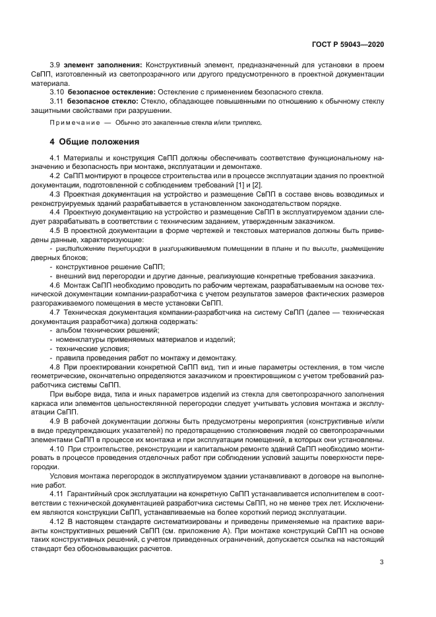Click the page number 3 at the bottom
click(382, 563)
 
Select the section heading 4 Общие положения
click(95, 142)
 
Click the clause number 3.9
click(56, 65)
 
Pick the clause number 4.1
click(56, 157)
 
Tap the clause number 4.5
click(56, 230)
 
